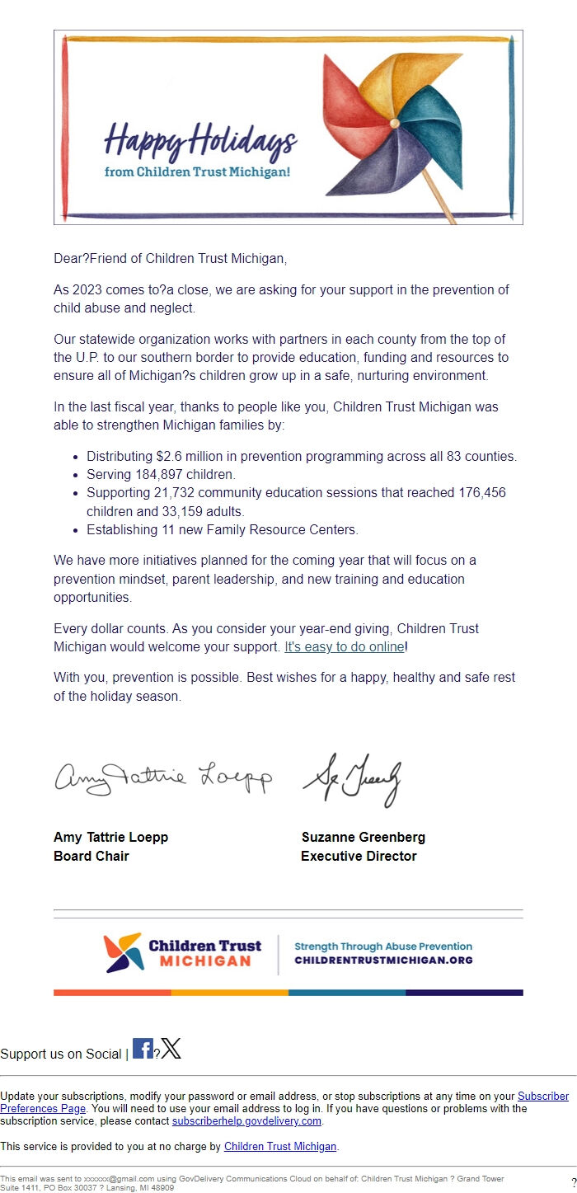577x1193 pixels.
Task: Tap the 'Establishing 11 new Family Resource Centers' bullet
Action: [x=223, y=530]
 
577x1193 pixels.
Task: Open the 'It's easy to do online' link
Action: [x=345, y=647]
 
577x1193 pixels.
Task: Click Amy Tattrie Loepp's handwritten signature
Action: [x=162, y=777]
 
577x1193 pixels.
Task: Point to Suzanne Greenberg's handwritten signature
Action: [x=352, y=779]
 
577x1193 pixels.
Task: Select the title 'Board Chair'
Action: [x=91, y=857]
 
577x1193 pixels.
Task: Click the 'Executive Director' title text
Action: [x=359, y=857]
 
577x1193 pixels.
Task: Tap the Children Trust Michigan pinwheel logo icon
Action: [x=123, y=954]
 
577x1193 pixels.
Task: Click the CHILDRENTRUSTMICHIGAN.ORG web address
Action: [x=383, y=961]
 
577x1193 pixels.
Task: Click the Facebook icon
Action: [x=143, y=1050]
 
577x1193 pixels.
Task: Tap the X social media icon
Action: [x=171, y=1050]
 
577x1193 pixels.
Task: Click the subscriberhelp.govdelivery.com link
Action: [x=246, y=1122]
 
